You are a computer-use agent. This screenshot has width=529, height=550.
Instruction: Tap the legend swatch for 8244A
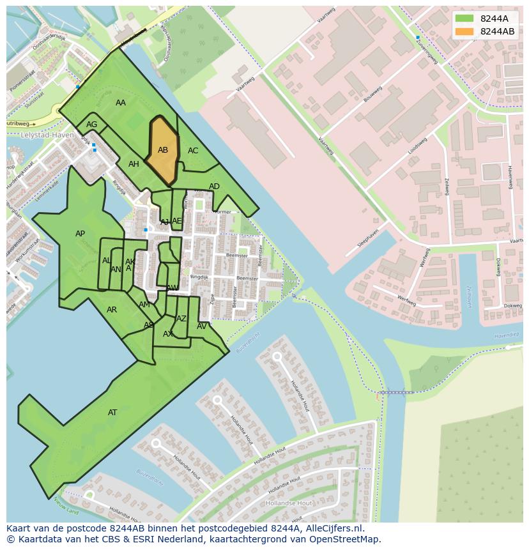click(464, 19)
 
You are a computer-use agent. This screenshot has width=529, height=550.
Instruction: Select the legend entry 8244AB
click(497, 31)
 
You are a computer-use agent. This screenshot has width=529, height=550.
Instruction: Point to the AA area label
click(121, 103)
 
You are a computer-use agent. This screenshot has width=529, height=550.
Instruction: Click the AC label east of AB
click(193, 151)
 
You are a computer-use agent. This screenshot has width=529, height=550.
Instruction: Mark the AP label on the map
click(80, 234)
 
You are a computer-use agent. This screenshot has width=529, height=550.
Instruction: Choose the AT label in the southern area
click(112, 413)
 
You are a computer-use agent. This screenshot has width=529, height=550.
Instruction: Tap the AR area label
click(112, 310)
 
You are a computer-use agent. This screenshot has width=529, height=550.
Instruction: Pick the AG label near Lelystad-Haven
click(92, 125)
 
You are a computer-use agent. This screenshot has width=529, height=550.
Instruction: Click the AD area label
click(214, 187)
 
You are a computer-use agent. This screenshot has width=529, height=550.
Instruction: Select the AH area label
click(134, 164)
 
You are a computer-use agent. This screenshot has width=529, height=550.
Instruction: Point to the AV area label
click(202, 326)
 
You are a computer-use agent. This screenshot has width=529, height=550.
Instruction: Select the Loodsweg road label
click(417, 146)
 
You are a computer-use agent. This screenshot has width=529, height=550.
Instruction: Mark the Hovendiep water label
click(507, 335)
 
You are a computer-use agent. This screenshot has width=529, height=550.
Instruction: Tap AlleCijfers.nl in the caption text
click(332, 528)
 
